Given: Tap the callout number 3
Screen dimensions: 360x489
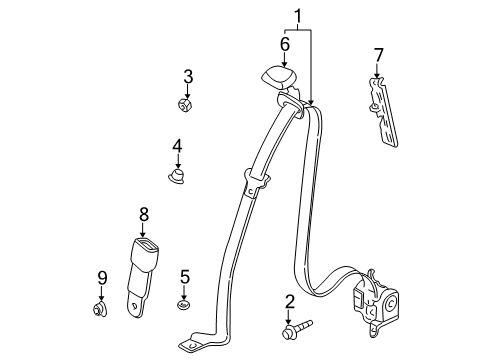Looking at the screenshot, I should coord(186,77).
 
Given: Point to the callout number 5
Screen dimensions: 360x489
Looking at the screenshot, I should coord(184,276).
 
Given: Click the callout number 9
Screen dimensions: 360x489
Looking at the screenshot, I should coord(101,276).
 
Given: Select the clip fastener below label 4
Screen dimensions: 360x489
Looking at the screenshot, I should coord(177,176).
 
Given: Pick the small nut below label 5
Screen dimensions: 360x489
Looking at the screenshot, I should coord(184,304).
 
